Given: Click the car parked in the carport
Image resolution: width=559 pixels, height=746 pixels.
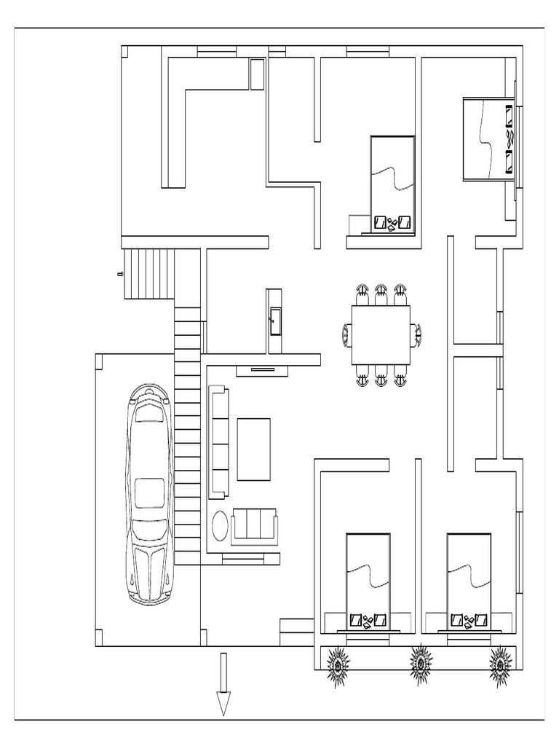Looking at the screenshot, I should [151, 495].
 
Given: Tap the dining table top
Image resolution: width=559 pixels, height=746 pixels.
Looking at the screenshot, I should [381, 334].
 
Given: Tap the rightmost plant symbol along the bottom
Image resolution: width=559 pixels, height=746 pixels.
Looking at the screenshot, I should [501, 664].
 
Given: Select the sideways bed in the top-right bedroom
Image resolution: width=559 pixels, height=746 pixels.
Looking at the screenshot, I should [488, 138].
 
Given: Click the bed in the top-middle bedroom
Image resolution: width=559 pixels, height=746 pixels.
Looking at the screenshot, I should [393, 184].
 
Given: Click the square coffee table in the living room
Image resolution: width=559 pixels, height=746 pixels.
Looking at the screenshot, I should [254, 449].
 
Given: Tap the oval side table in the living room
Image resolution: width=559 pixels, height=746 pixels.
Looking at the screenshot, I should [220, 525].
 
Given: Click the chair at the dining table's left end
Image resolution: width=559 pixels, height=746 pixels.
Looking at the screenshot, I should [346, 334].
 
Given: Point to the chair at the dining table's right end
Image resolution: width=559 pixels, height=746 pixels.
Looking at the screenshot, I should [416, 334].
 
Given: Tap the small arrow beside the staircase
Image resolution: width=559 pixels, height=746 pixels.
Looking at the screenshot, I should [119, 274].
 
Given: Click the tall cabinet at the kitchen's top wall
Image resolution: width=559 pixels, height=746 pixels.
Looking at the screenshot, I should [257, 74].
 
